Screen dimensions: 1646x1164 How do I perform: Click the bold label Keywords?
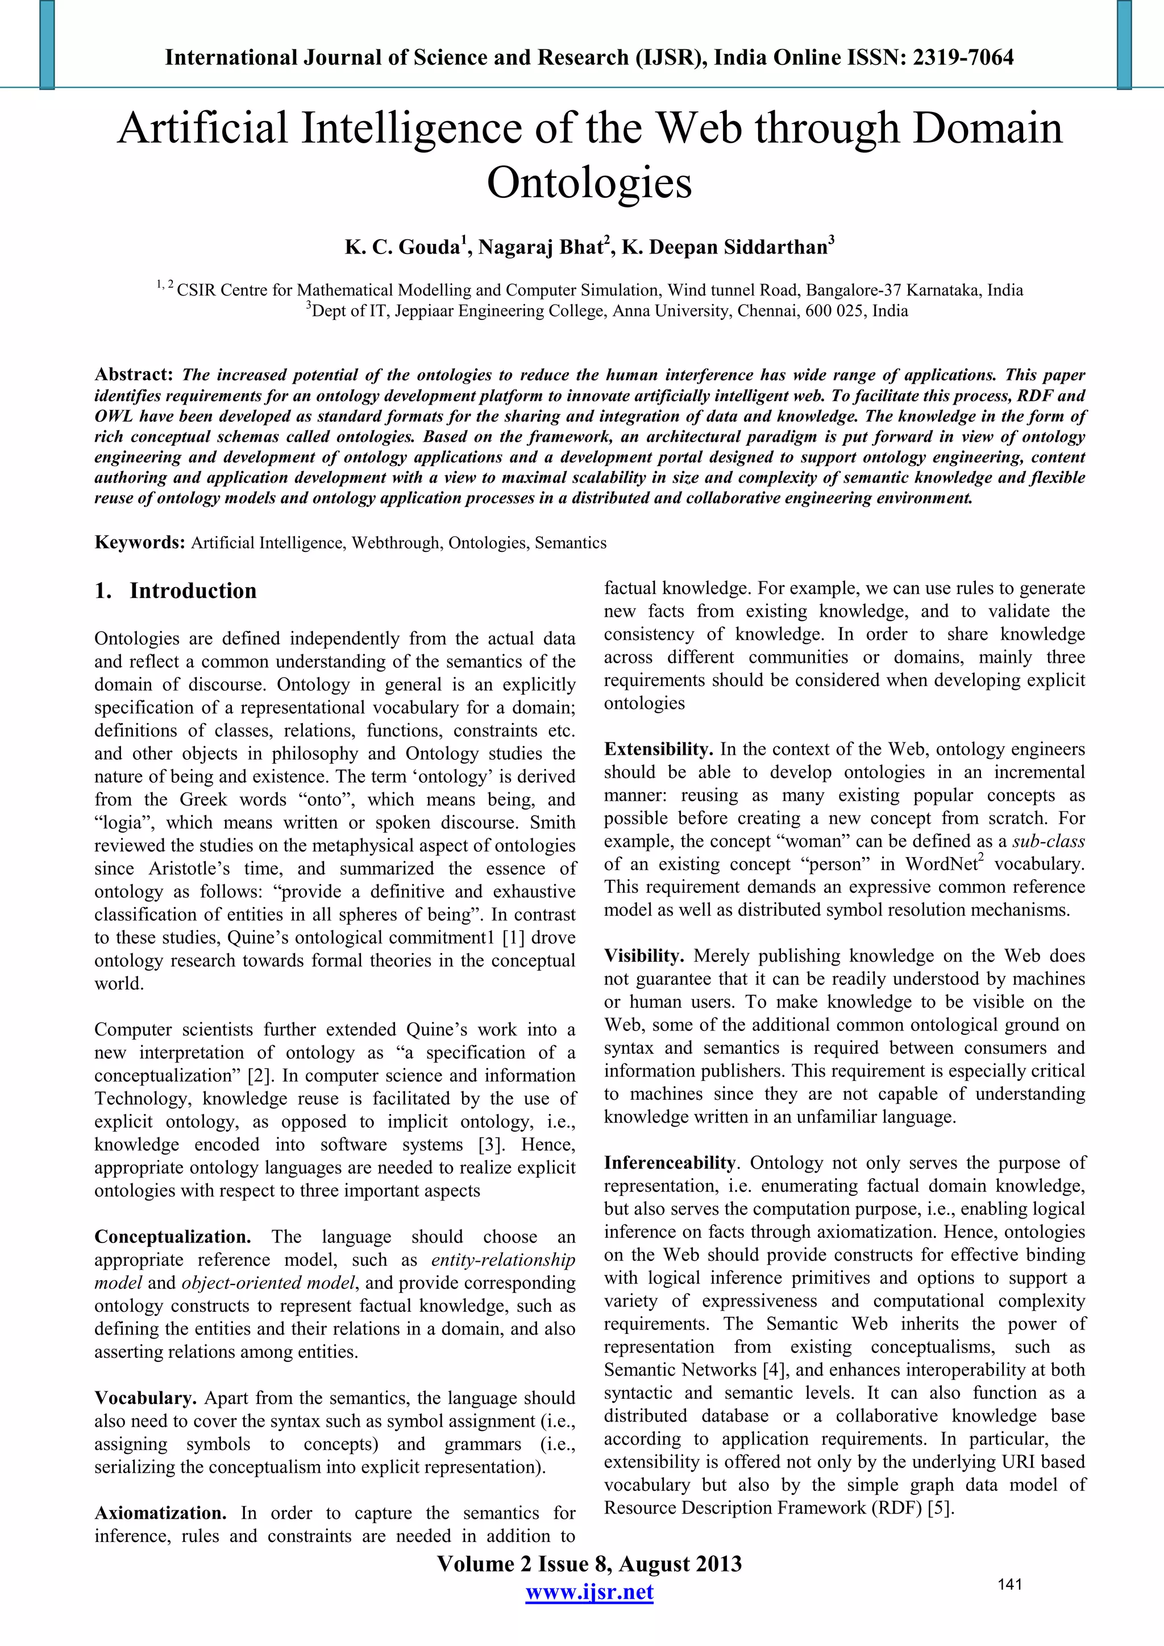tap(140, 543)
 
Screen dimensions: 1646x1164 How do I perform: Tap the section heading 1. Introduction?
tap(176, 591)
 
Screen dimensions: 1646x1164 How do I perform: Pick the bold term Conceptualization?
tap(173, 1237)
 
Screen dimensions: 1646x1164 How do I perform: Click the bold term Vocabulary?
tap(145, 1398)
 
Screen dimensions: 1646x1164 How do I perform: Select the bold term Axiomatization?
tap(160, 1514)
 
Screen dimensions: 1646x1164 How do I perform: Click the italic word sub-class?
tap(1049, 842)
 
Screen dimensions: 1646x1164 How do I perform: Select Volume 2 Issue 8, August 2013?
tap(589, 1564)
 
